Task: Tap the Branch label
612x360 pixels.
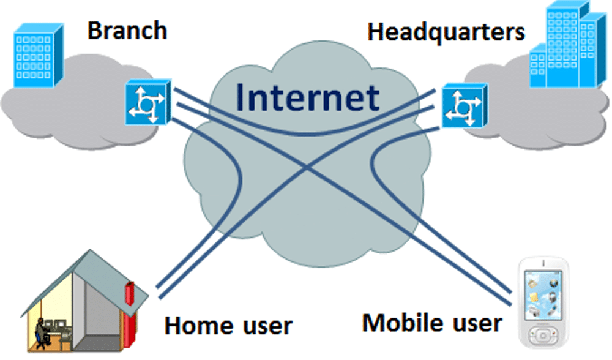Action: (x=127, y=31)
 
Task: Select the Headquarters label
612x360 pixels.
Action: (x=446, y=32)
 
